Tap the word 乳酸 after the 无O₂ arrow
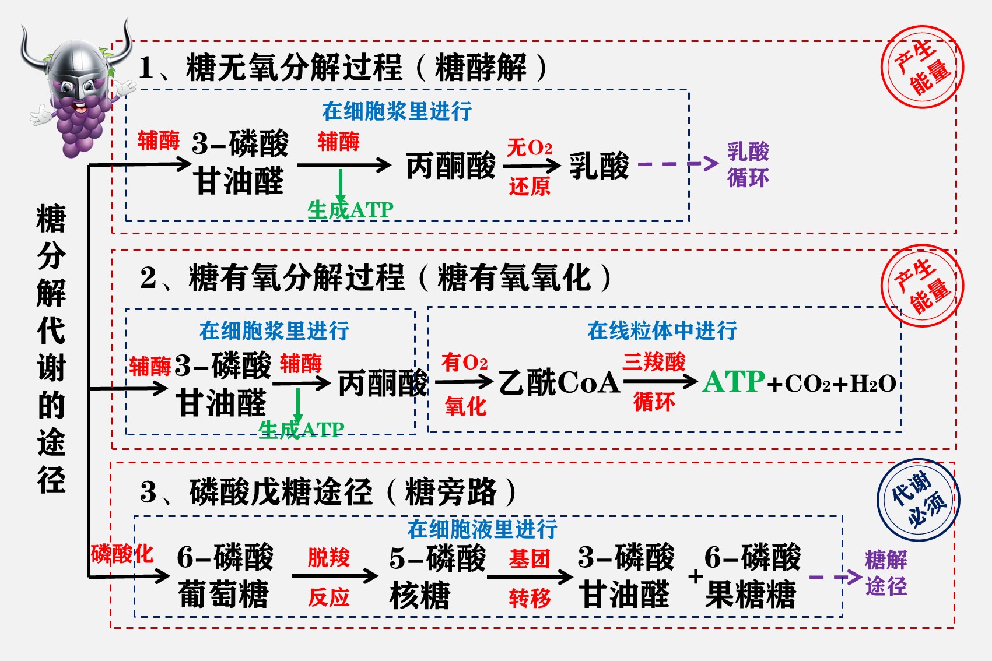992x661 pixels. pyautogui.click(x=599, y=166)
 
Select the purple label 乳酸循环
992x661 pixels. pyautogui.click(x=748, y=165)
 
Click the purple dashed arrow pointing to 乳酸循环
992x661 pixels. pyautogui.click(x=678, y=164)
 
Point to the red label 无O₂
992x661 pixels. pyautogui.click(x=530, y=147)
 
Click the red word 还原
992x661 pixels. pyautogui.click(x=530, y=187)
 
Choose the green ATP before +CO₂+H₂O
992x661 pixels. pyautogui.click(x=734, y=382)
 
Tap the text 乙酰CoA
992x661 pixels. pyautogui.click(x=559, y=382)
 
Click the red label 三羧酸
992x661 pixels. pyautogui.click(x=654, y=362)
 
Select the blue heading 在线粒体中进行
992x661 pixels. pyautogui.click(x=662, y=331)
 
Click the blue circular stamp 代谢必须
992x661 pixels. pyautogui.click(x=918, y=500)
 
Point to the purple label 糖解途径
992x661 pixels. pyautogui.click(x=886, y=573)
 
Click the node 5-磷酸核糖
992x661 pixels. pyautogui.click(x=437, y=576)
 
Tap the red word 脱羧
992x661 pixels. pyautogui.click(x=329, y=557)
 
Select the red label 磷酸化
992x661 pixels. pyautogui.click(x=122, y=553)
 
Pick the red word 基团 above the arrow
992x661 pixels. pyautogui.click(x=530, y=559)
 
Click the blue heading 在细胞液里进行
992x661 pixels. pyautogui.click(x=482, y=529)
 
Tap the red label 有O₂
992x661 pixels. pyautogui.click(x=464, y=363)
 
